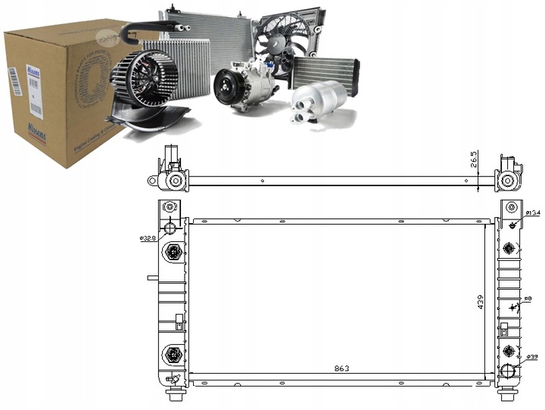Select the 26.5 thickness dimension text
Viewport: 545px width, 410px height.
[x=475, y=161]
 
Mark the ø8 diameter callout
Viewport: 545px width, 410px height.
[x=528, y=300]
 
